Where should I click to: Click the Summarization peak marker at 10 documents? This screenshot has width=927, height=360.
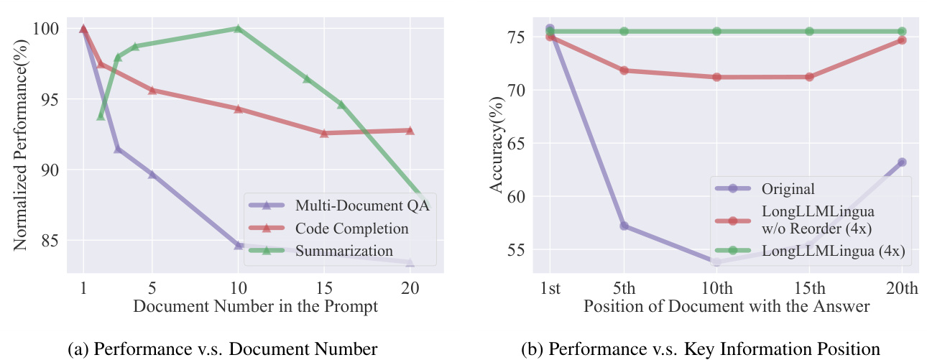[238, 29]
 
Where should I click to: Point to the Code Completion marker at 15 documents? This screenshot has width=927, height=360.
[324, 133]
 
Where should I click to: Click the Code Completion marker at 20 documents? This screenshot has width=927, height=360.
[410, 130]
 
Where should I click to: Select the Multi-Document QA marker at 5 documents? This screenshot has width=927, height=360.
[152, 175]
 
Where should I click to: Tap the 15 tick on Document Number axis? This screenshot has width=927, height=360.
[324, 286]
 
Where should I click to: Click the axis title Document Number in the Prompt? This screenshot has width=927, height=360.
[255, 306]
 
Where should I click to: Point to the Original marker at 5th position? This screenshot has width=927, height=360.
[624, 226]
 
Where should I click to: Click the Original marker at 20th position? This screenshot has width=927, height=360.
[902, 162]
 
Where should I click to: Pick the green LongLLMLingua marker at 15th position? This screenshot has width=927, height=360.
[809, 32]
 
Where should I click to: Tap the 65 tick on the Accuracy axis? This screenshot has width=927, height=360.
[517, 144]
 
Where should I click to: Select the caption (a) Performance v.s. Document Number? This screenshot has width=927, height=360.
[222, 349]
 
